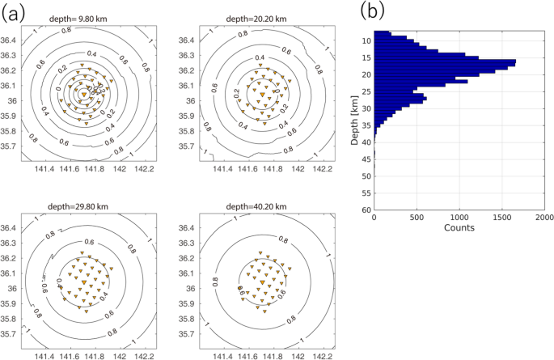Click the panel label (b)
click(x=373, y=11)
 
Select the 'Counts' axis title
click(x=459, y=228)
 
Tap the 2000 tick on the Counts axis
click(x=544, y=217)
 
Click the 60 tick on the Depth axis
click(x=366, y=210)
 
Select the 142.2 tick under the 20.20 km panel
click(x=324, y=171)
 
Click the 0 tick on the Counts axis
click(x=374, y=217)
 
